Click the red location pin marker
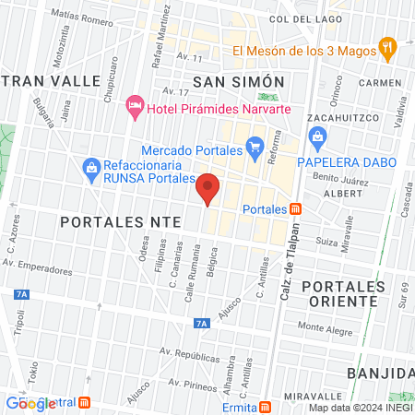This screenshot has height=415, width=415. [208, 187]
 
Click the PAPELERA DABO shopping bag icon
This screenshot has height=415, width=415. [319, 140]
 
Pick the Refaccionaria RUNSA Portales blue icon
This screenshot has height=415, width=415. [90, 168]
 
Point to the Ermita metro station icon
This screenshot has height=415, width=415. [266, 407]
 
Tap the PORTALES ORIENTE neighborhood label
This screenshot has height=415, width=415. [341, 293]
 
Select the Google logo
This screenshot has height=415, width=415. [30, 403]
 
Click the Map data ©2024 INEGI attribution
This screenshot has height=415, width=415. [361, 408]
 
